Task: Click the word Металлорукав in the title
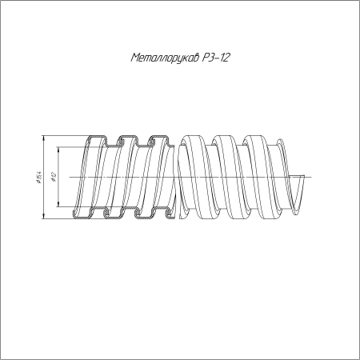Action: [x=166, y=58]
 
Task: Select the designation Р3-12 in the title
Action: [x=216, y=58]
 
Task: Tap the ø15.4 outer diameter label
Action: [x=38, y=177]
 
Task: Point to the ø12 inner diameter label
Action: [x=54, y=177]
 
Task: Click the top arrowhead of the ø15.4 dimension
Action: [x=43, y=138]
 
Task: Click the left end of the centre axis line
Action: [x=70, y=177]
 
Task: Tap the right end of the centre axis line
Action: [x=311, y=177]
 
